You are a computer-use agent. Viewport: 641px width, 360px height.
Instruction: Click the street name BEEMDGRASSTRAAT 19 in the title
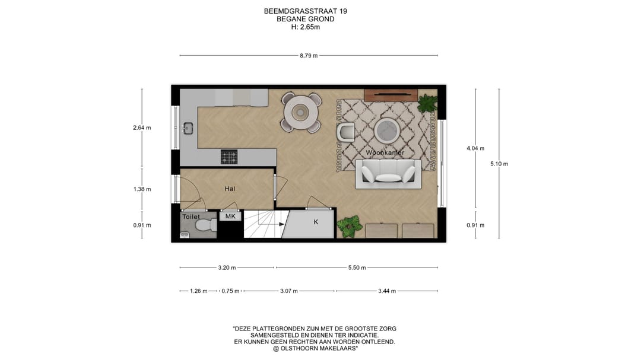coord(306,11)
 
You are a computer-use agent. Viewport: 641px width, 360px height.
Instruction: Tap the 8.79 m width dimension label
coord(309,56)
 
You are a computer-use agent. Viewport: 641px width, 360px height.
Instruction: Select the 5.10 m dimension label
coord(499,164)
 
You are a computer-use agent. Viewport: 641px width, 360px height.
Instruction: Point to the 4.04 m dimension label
coord(475,148)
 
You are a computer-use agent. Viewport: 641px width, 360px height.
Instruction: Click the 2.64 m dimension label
coord(142,128)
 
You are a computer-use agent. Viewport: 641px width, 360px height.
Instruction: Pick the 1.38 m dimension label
coord(142,189)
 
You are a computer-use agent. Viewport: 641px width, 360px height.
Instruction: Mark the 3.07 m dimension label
coord(289,291)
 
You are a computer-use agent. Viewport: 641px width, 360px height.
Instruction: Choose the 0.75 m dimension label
coord(230,291)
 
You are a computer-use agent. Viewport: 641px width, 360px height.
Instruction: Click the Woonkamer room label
coord(385,153)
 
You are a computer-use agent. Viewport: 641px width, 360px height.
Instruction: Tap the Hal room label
coord(230,189)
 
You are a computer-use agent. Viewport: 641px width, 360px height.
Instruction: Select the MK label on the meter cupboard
coord(230,217)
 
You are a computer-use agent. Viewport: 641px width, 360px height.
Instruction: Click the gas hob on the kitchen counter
coord(229,157)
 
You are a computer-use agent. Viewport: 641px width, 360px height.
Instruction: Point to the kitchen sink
coord(189,128)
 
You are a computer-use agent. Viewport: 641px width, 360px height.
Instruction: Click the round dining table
coord(302,111)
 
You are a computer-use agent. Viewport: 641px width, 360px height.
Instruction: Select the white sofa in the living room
coord(389,173)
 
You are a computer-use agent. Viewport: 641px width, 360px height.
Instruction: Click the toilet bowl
coord(203,226)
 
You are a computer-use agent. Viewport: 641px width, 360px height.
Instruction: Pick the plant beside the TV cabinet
coord(427,103)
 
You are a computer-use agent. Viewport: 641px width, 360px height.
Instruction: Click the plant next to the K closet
coord(349,226)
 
